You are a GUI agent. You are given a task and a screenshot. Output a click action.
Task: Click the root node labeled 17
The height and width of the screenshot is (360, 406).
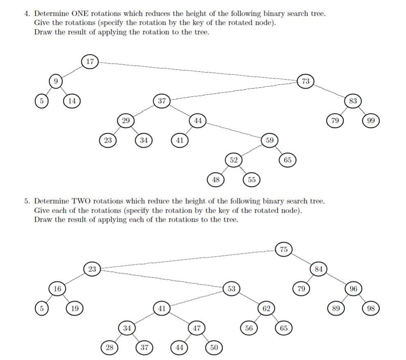tap(90, 62)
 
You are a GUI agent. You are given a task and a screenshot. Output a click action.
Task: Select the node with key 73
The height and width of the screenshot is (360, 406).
tap(306, 81)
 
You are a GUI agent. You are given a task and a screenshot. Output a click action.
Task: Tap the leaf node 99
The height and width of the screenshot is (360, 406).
tap(371, 121)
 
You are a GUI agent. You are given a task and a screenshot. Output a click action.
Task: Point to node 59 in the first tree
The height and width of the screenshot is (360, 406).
tap(269, 140)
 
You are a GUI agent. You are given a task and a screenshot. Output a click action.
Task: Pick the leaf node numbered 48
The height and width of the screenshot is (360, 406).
tap(216, 180)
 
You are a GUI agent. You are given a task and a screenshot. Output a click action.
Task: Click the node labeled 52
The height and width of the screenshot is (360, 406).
tap(234, 160)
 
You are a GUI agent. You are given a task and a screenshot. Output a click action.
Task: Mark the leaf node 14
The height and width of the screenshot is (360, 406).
tap(72, 100)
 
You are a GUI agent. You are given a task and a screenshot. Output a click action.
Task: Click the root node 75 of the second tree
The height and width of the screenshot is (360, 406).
tap(284, 249)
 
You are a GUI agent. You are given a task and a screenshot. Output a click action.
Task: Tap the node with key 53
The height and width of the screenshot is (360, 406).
tap(232, 289)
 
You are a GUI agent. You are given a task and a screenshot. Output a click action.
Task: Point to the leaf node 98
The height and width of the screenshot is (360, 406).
tap(371, 308)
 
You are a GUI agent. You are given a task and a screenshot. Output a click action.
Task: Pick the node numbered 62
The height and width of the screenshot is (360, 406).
tap(266, 308)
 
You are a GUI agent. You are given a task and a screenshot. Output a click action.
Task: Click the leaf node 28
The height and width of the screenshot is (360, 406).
tap(109, 348)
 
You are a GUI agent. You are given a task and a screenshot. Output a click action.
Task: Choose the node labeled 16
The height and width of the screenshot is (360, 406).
tap(57, 289)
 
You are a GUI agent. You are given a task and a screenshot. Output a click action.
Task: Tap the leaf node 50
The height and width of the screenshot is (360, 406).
tap(214, 348)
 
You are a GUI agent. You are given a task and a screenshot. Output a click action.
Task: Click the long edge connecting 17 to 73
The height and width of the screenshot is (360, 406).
tap(197, 71)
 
